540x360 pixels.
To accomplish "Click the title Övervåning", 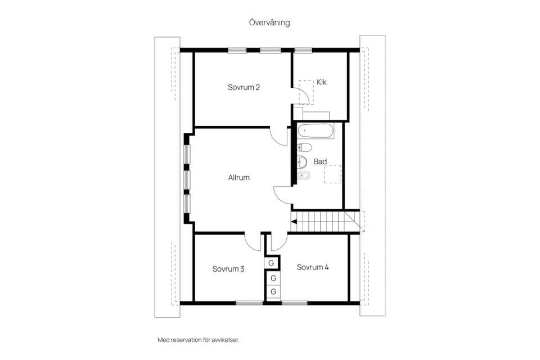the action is [269, 22].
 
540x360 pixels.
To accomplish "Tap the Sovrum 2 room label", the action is [244, 87].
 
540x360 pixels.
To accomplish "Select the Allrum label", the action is [238, 177].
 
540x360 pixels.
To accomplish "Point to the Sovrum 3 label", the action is [228, 269].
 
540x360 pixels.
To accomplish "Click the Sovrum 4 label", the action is [313, 267].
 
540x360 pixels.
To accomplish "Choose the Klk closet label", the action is [321, 82].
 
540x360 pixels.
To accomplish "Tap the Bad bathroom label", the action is [320, 161].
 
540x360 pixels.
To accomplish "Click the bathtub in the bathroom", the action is [316, 131].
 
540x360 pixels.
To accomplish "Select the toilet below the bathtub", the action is [304, 147].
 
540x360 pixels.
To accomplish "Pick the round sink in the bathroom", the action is [302, 161].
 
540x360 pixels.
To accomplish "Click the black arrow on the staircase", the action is [294, 222].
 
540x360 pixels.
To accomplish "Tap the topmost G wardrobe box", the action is [271, 263].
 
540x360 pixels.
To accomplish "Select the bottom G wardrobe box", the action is [273, 291].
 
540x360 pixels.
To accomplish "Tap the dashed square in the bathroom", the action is [332, 174].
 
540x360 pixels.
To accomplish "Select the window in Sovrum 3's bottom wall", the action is [249, 303].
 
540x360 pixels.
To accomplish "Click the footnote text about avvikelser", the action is [199, 340].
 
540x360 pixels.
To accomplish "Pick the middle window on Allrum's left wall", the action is [187, 180].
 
